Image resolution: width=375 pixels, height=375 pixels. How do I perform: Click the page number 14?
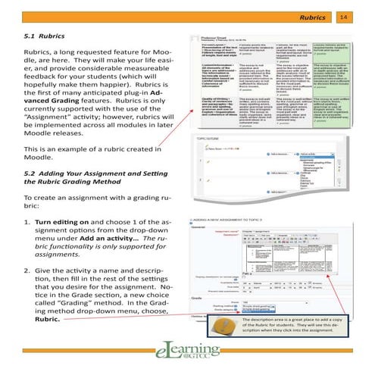(364, 16)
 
